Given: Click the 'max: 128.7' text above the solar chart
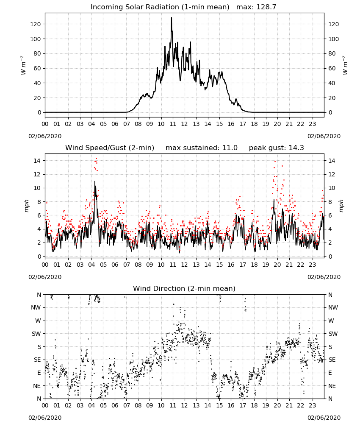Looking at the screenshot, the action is click(256, 7).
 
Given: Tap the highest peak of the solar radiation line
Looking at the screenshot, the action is click(171, 17).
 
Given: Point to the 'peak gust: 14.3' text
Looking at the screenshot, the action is click(276, 148).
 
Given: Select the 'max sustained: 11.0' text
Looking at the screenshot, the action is click(202, 148).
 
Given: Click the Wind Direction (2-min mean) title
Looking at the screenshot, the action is click(184, 288).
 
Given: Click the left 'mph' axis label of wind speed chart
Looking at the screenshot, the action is click(26, 206).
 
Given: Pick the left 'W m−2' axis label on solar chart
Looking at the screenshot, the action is click(23, 65).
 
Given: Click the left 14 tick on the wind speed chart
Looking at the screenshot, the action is click(37, 161).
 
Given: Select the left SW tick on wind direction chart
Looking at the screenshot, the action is click(36, 334).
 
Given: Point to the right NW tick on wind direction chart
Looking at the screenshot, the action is click(333, 307).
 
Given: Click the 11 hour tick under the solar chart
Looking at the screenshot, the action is click(172, 124).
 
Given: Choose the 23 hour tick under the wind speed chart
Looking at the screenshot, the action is click(312, 265).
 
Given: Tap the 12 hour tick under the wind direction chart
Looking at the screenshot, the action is click(184, 405).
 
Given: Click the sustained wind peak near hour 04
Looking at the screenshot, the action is click(95, 181).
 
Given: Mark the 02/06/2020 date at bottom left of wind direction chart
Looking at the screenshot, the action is click(45, 418).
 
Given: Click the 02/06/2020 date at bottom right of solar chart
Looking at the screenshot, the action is click(324, 136).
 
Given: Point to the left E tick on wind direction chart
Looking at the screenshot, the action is click(39, 373).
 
